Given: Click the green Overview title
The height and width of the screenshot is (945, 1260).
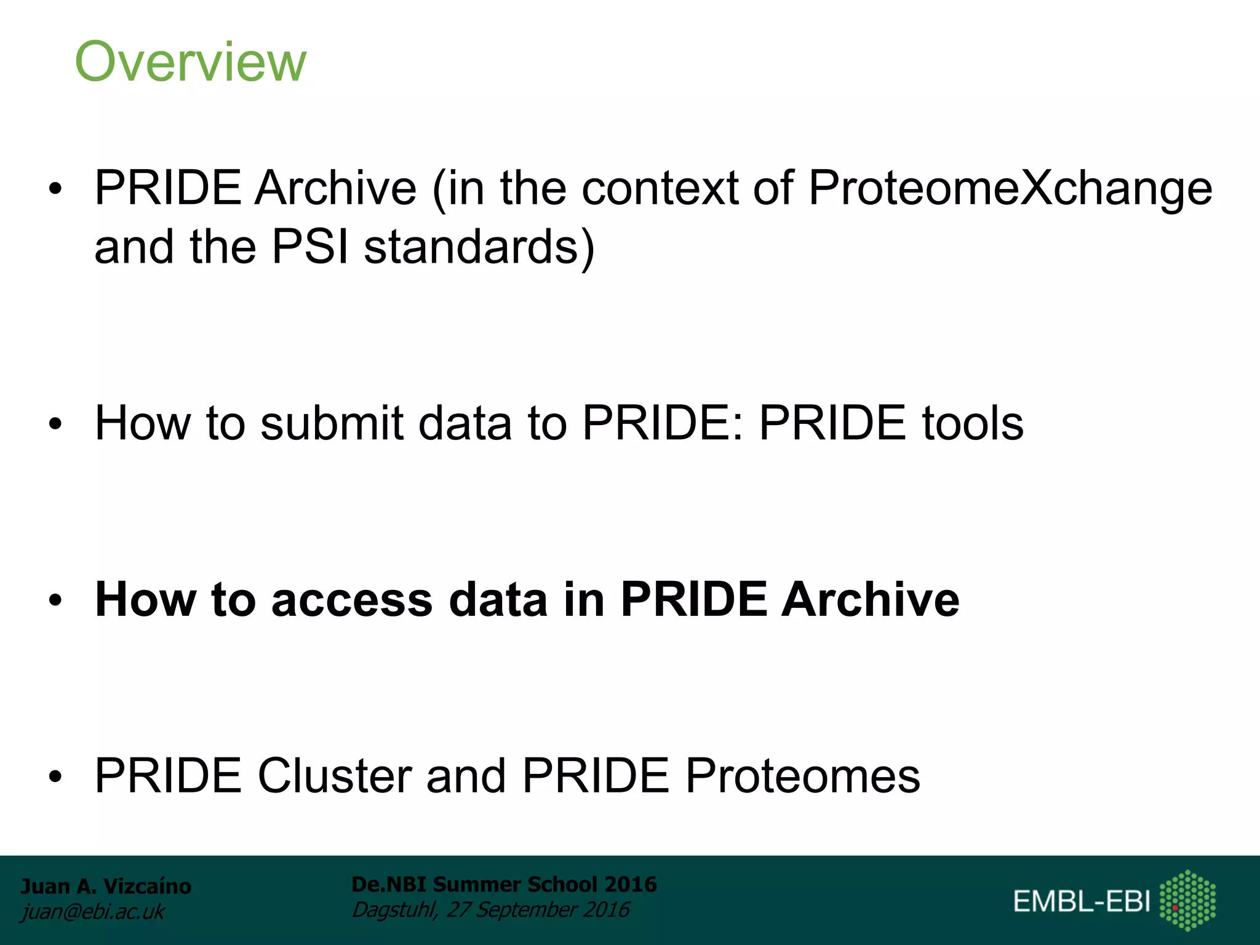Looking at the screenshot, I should point(190,62).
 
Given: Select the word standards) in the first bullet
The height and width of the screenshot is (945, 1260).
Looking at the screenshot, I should point(479,247).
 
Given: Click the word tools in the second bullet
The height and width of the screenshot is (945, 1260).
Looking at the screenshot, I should point(972,423).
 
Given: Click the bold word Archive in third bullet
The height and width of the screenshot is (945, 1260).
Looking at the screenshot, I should point(870,599).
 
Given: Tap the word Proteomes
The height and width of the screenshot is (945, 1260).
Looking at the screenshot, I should point(802,775).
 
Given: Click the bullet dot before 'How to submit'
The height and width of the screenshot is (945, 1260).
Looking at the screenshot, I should point(56,424).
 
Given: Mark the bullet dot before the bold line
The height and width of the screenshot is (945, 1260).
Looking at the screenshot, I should point(56,600).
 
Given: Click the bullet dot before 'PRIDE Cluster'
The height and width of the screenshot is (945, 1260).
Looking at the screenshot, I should point(56,776).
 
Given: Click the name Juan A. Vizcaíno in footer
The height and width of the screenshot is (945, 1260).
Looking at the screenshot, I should point(106,886).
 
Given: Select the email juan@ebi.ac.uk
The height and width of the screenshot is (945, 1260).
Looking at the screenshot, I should point(92,911).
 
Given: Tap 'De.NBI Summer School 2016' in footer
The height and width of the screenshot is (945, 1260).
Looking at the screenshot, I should point(504,884).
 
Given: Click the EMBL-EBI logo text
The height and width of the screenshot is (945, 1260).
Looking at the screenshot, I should point(1082,901).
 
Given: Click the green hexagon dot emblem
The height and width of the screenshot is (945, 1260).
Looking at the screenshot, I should point(1187,900).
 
